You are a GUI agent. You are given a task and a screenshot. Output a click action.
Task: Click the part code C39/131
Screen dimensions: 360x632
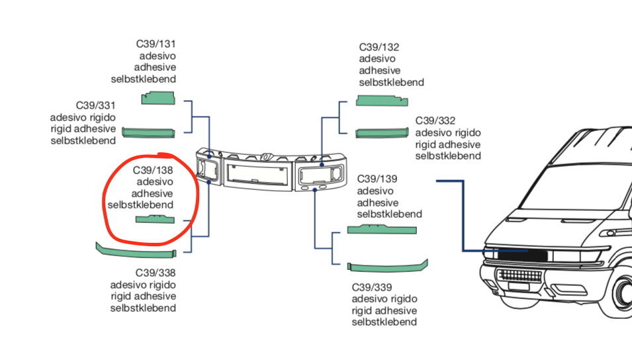tap(156, 44)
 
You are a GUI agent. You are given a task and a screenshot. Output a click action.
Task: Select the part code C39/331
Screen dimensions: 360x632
tap(95, 105)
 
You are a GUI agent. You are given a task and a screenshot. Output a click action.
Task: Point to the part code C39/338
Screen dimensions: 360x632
tap(156, 273)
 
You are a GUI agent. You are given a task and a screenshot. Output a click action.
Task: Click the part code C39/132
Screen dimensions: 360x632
tap(379, 47)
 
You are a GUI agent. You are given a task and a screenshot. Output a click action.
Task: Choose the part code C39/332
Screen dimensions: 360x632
tap(435, 120)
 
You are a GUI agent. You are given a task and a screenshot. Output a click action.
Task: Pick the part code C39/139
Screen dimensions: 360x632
tap(377, 179)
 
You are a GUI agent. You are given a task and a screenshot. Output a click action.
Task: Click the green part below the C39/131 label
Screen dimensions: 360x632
tap(158, 99)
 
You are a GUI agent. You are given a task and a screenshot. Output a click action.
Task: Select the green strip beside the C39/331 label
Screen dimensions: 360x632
tap(149, 132)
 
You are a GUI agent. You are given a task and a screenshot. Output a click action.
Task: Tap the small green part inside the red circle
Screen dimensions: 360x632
tap(155, 220)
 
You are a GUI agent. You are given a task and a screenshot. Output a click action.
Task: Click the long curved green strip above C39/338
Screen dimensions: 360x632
tap(136, 252)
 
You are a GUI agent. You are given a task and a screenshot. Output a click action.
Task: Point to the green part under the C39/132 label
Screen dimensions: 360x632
tap(383, 101)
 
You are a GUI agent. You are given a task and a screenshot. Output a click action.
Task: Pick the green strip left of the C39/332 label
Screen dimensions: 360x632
tap(383, 134)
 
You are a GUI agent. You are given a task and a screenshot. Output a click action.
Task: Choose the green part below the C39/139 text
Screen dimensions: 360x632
tap(382, 230)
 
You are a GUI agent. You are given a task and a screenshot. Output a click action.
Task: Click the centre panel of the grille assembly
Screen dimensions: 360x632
tap(257, 174)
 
